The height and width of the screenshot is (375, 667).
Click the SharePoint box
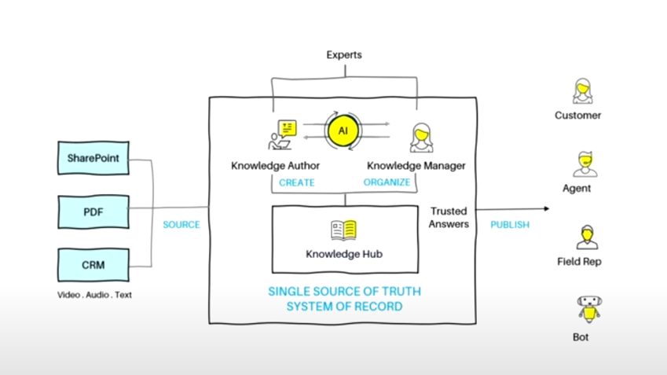point(93,158)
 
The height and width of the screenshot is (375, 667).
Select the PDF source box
point(93,211)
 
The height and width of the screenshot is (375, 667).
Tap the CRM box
point(93,265)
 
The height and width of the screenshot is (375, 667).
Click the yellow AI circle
point(343,131)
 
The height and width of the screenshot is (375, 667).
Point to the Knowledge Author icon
point(280,135)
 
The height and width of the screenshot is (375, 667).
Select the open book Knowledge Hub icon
point(344,230)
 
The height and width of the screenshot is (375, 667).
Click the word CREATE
point(296,182)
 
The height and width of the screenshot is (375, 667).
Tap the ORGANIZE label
point(387,182)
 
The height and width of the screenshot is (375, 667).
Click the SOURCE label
point(181,225)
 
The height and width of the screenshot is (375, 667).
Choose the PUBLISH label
point(510,225)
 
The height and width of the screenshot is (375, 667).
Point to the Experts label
point(344,56)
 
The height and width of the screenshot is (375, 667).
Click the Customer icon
point(582,91)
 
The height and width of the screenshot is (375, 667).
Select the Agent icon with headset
point(582,165)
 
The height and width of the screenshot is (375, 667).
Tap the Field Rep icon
point(583,237)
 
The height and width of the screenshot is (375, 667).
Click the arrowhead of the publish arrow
point(545,209)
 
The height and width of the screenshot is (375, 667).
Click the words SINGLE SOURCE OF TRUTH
point(344,292)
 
